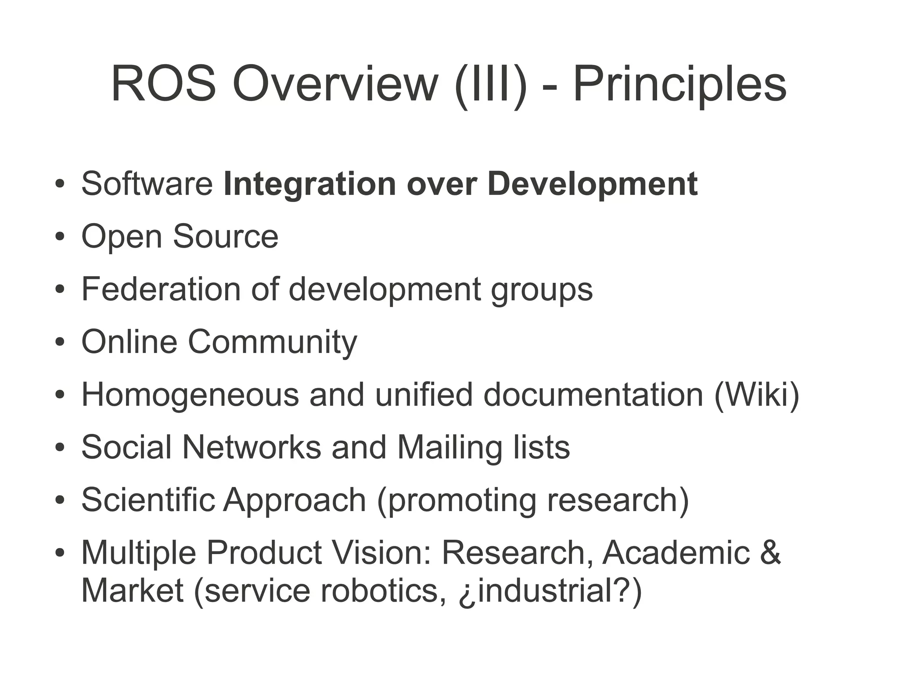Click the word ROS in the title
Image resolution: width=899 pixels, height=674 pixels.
pyautogui.click(x=163, y=84)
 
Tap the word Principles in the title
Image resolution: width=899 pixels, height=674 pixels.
pyautogui.click(x=680, y=84)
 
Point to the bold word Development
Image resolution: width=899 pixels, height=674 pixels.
pyautogui.click(x=592, y=184)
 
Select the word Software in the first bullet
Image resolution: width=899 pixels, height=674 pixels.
pyautogui.click(x=147, y=184)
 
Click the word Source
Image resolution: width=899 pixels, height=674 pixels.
pyautogui.click(x=226, y=236)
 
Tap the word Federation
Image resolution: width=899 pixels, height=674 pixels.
pyautogui.click(x=161, y=289)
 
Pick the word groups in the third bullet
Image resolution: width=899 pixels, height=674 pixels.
pyautogui.click(x=542, y=291)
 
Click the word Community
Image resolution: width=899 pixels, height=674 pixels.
pyautogui.click(x=273, y=342)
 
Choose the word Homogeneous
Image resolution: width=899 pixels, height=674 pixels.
pyautogui.click(x=190, y=394)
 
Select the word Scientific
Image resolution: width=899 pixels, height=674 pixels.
pyautogui.click(x=148, y=500)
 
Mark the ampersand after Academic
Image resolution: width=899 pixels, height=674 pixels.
pyautogui.click(x=770, y=552)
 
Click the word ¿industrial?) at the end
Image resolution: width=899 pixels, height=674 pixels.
pyautogui.click(x=550, y=591)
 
